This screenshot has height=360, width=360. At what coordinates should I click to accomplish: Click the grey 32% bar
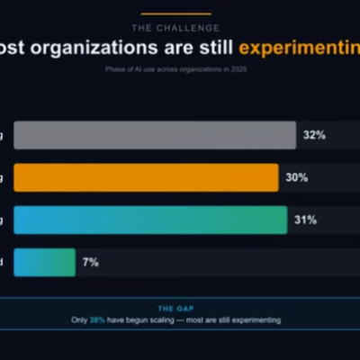tap(153, 135)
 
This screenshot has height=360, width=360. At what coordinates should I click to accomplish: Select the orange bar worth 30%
tap(144, 177)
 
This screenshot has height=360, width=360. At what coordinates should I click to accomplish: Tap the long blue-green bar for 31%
tap(148, 220)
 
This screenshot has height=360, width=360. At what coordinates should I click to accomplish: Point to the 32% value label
tap(314, 135)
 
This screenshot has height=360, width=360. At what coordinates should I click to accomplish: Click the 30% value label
tap(297, 177)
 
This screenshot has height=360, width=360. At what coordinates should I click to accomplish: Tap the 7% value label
tap(91, 262)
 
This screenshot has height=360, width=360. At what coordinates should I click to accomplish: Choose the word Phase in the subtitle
tap(117, 71)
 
